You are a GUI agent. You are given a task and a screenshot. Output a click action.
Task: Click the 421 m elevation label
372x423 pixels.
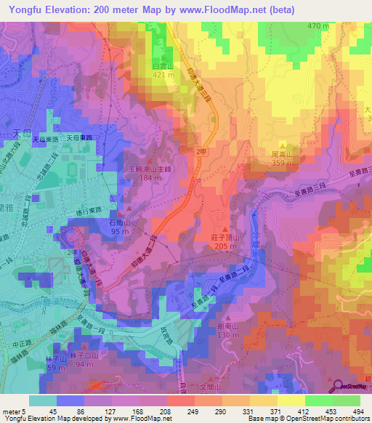163,74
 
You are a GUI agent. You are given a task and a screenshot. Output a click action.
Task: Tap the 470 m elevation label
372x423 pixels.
318,26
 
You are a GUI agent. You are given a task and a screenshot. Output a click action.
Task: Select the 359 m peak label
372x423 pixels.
282,163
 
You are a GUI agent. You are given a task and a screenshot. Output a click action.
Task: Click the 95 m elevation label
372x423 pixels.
120,232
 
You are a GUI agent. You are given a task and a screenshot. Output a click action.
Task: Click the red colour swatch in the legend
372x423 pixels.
181,400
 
